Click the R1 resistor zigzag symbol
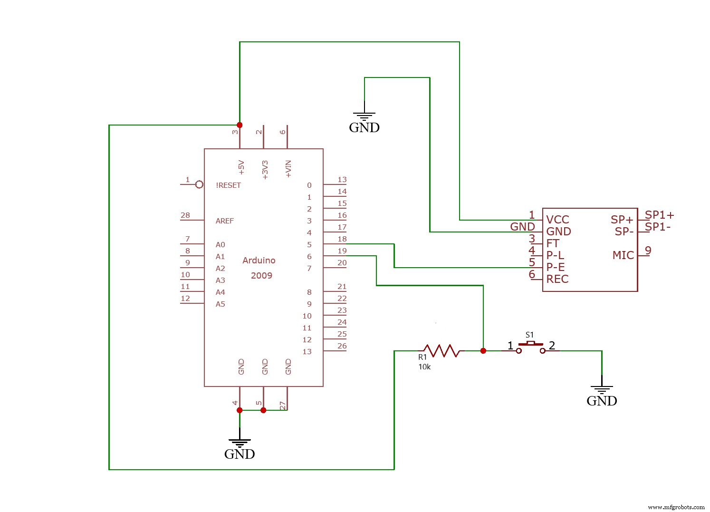pos(441,351)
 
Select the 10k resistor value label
pos(424,367)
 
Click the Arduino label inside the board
pos(259,261)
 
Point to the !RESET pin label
pos(228,185)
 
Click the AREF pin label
pos(225,221)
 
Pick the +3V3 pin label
pos(265,170)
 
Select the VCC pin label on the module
pos(557,220)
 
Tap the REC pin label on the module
pos(557,279)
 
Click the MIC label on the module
pos(623,255)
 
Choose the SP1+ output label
pos(660,215)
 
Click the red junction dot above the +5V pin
pos(240,125)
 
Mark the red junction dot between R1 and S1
pos(483,351)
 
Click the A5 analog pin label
pos(221,304)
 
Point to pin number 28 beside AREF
pos(185,215)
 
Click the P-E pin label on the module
pos(556,267)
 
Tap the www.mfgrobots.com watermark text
pos(676,507)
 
